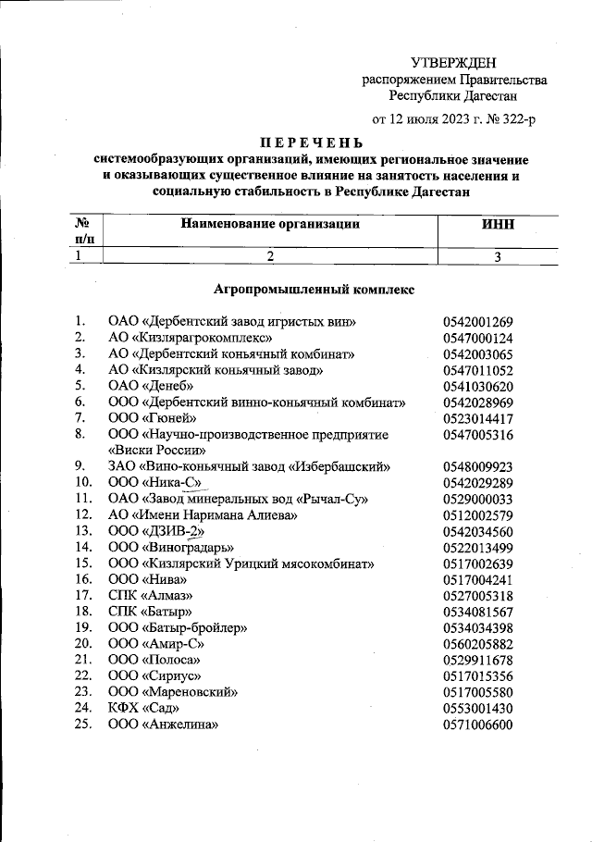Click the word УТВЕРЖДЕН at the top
[453, 63]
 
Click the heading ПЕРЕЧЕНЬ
[312, 143]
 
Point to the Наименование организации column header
[268, 224]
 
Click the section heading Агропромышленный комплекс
[314, 290]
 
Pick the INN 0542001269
[477, 322]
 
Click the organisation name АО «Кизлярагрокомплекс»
[190, 338]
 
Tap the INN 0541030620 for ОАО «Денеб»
[477, 386]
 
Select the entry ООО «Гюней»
[153, 418]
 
